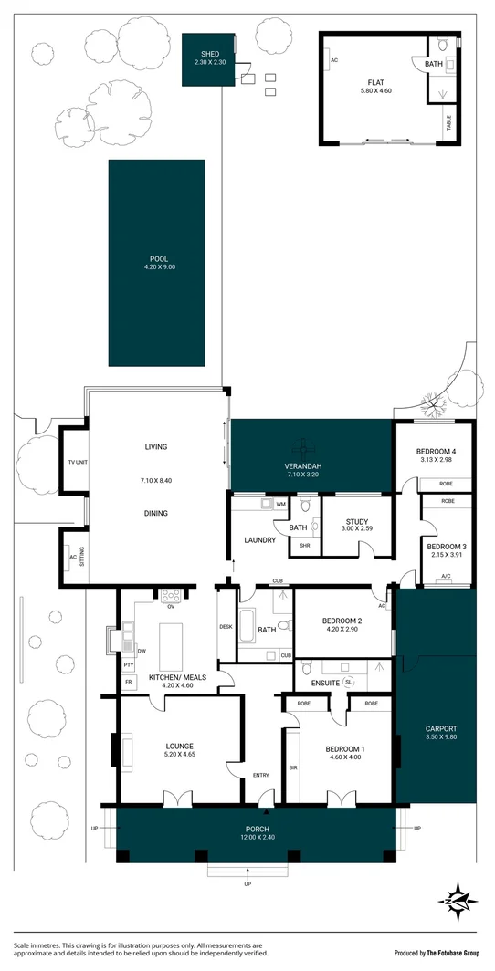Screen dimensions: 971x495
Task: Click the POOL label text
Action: pyautogui.click(x=156, y=258)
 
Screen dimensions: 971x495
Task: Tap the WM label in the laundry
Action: pyautogui.click(x=280, y=504)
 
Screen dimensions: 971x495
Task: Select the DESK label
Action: pyautogui.click(x=226, y=626)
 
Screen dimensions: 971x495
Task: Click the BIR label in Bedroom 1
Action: pyautogui.click(x=292, y=769)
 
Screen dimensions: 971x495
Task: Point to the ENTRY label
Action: pyautogui.click(x=261, y=776)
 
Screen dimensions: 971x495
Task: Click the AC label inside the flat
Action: pyautogui.click(x=335, y=60)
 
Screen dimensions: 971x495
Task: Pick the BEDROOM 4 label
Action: pyautogui.click(x=436, y=452)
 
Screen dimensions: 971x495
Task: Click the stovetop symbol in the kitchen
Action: pyautogui.click(x=171, y=596)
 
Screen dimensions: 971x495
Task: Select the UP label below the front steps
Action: pyautogui.click(x=247, y=885)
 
